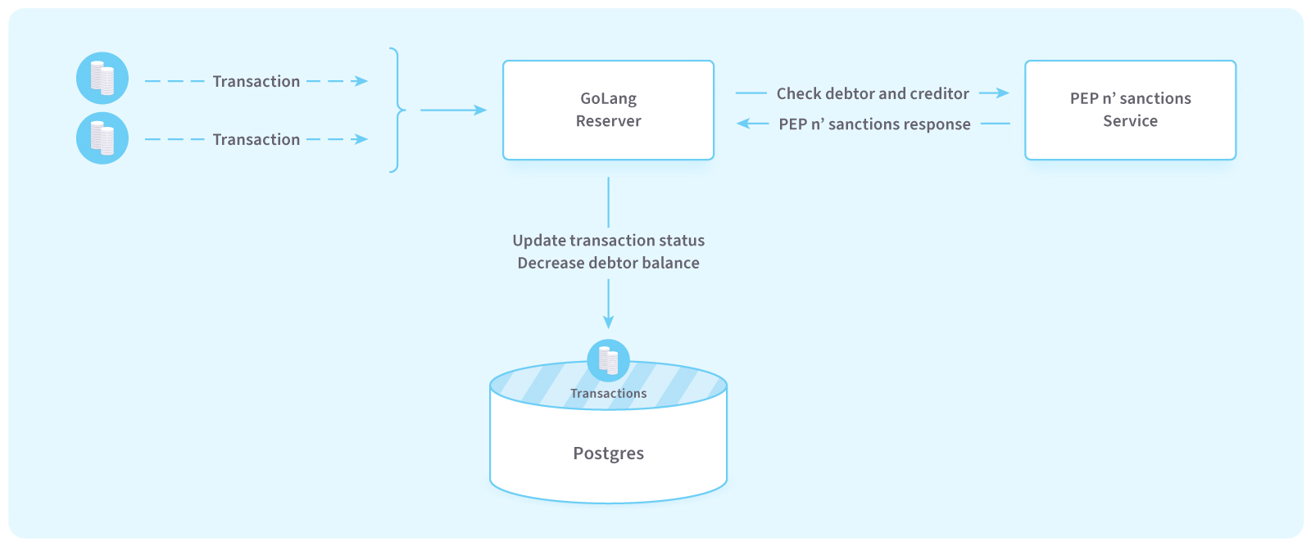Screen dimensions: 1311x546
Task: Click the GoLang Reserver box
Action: point(608,110)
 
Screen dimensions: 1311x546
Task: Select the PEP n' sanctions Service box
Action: point(1130,110)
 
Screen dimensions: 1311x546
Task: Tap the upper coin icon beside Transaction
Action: point(102,79)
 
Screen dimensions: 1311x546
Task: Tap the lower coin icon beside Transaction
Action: point(102,138)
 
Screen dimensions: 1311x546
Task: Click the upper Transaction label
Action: point(256,81)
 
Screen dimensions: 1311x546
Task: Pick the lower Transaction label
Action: point(256,139)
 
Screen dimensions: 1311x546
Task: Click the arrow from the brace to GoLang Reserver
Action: point(454,110)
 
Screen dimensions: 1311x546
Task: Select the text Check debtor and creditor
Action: point(873,93)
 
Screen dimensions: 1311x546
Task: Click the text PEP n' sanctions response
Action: point(874,124)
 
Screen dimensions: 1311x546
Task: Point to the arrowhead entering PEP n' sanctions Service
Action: point(1003,93)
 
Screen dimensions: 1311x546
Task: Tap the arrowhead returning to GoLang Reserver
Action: point(743,124)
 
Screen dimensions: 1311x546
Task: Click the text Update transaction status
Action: point(608,241)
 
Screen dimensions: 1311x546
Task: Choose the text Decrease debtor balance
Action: point(608,263)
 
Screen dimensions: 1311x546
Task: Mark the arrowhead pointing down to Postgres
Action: point(608,322)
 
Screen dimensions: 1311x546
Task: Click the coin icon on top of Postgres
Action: point(608,361)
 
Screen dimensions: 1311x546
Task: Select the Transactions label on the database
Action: point(608,394)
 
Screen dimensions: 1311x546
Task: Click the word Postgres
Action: point(608,453)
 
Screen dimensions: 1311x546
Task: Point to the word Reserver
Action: point(608,121)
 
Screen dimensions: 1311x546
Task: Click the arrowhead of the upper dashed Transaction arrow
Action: point(361,81)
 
